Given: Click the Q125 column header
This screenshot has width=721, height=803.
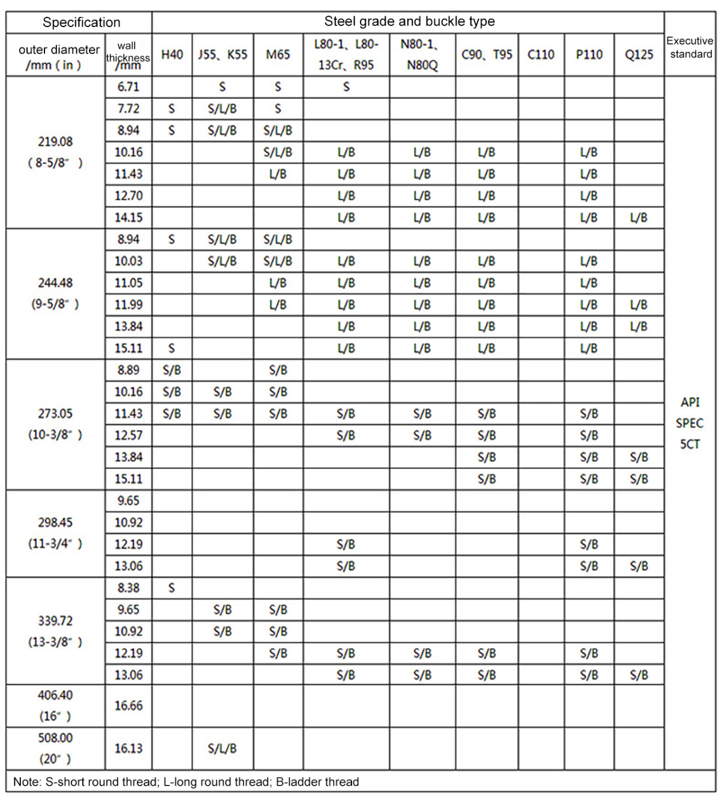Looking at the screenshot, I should click(639, 55).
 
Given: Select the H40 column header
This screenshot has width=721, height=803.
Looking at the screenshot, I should click(172, 55).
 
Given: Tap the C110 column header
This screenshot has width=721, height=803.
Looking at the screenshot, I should click(541, 55).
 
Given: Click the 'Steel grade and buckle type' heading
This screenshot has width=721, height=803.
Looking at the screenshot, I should click(409, 22).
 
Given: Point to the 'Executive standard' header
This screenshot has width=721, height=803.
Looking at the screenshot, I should click(690, 48).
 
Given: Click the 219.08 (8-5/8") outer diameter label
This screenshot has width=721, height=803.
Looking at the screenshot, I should click(55, 152).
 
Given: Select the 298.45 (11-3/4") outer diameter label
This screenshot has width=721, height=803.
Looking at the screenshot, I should click(55, 533).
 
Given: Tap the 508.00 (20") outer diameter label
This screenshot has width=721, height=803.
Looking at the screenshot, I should click(55, 748).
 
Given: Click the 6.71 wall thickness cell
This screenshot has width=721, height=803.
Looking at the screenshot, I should click(129, 87).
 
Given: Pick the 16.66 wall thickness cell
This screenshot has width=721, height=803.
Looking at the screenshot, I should click(129, 706).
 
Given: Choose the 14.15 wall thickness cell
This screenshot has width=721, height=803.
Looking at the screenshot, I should click(129, 217).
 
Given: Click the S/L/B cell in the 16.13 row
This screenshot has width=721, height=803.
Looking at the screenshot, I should click(222, 748).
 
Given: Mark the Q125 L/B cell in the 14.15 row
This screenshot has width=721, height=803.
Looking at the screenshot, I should click(639, 217).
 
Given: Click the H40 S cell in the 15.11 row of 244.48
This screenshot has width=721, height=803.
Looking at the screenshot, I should click(172, 348).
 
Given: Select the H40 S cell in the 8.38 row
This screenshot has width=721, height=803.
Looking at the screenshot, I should click(172, 588).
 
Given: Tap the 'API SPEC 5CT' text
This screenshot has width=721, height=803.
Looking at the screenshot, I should click(690, 423).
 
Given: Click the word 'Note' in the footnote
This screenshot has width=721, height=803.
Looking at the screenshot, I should click(26, 782).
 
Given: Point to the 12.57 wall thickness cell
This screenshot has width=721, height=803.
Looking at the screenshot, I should click(129, 435).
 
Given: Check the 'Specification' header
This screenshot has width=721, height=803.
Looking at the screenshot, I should click(81, 22).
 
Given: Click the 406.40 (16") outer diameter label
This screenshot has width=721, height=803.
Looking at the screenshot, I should click(55, 706).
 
